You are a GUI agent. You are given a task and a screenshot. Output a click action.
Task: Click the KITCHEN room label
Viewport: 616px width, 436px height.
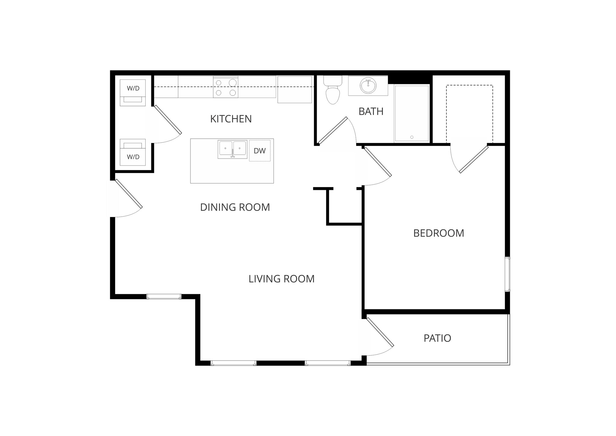231,119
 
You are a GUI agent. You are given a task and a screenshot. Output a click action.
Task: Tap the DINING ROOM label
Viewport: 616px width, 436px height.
235,207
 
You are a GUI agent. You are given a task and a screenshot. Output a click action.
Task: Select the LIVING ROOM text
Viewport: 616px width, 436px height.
281,279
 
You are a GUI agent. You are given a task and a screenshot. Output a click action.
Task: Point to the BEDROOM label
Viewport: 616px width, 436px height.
439,233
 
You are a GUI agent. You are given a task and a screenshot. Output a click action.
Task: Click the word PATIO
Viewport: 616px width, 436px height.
437,338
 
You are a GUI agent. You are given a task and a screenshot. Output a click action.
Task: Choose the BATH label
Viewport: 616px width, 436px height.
371,112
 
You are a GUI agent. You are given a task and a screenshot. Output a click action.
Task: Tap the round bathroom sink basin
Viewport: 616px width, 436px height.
368,86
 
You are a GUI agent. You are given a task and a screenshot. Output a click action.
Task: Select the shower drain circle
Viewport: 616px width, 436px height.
412,137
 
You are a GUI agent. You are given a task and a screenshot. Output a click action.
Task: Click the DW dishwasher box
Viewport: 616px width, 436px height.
260,151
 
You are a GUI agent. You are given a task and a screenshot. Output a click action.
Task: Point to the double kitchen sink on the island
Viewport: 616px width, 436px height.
233,149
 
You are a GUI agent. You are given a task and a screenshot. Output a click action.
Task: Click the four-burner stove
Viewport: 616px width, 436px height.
226,87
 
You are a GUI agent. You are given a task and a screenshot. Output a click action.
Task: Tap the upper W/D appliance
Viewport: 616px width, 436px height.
133,92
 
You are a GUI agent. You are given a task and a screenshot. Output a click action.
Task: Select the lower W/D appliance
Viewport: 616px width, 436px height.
133,152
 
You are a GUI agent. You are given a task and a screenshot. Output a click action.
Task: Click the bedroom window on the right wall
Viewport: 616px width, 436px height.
507,274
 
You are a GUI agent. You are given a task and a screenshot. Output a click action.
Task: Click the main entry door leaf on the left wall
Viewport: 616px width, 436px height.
129,193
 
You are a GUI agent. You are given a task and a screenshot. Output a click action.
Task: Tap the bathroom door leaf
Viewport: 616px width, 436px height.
333,130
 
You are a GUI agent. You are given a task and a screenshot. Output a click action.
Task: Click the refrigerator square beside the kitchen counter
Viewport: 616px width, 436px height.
294,89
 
